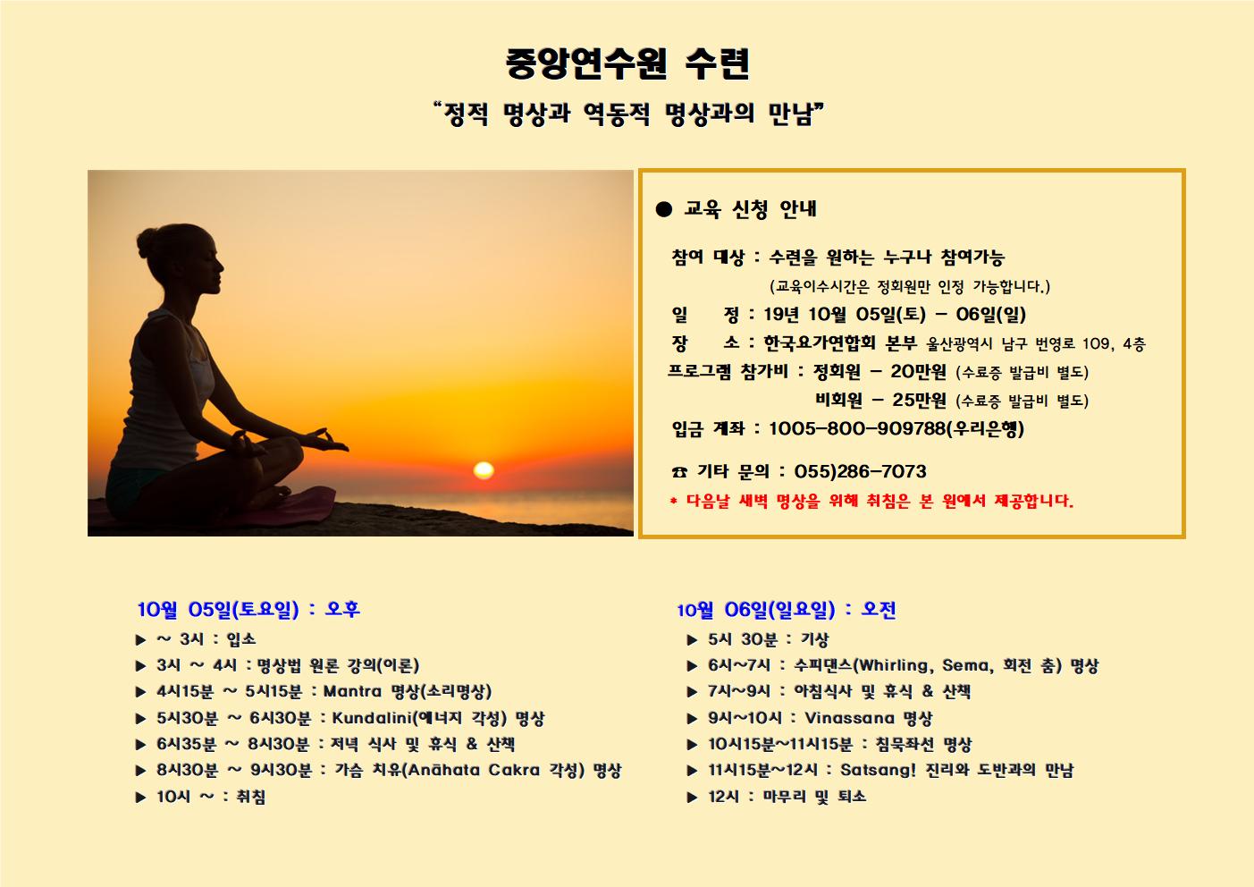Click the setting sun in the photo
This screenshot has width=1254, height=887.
(484, 469)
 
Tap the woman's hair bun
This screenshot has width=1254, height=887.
(147, 242)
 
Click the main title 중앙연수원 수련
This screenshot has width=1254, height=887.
(627, 63)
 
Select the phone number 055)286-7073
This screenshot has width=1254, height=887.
(860, 471)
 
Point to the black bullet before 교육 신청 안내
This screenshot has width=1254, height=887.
(663, 209)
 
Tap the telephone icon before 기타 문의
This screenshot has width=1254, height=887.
(679, 472)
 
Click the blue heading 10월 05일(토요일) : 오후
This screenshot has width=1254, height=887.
(248, 609)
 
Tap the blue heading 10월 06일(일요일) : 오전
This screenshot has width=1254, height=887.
(787, 609)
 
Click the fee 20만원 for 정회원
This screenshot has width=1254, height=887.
(918, 371)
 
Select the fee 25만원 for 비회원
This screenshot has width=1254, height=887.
(919, 400)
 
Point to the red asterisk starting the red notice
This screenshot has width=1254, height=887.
(673, 501)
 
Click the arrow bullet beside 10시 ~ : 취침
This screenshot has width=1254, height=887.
(140, 798)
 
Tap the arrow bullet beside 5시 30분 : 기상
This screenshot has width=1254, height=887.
(692, 640)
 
